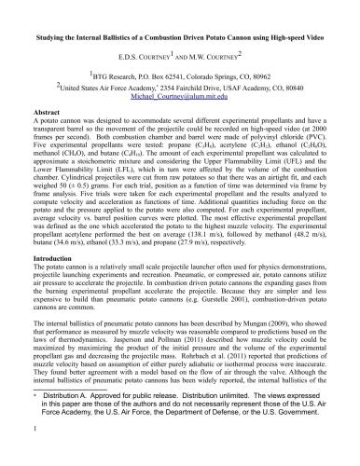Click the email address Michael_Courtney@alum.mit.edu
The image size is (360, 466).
(180, 94)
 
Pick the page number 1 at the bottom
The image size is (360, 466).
(34, 456)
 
